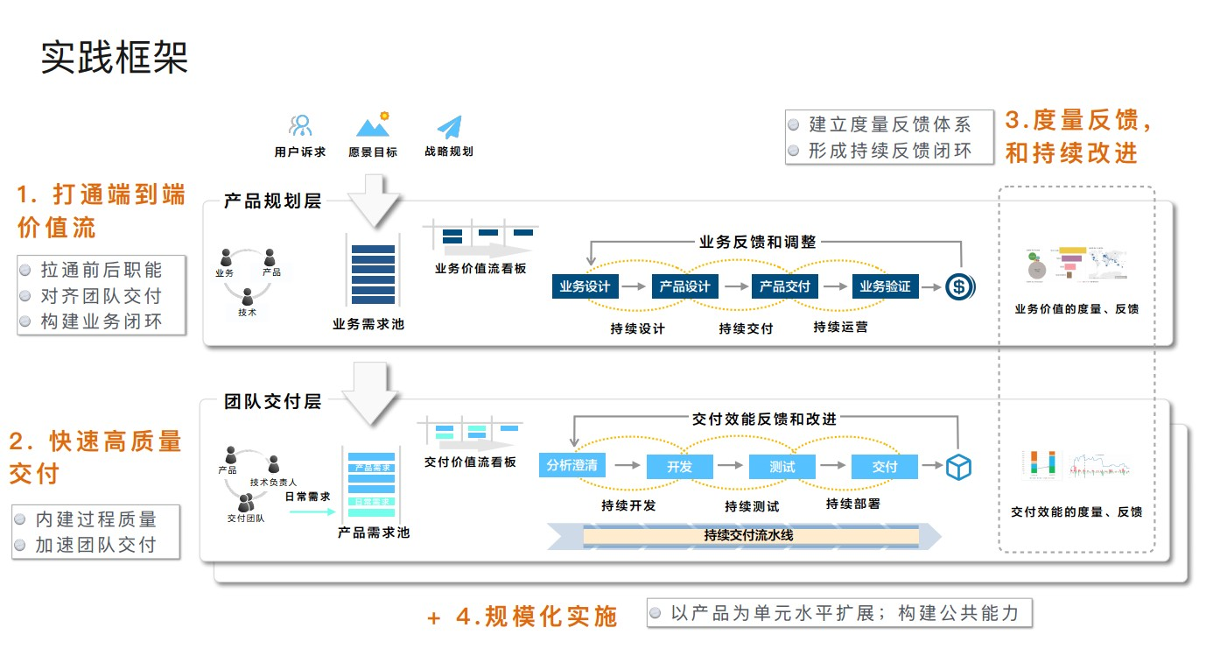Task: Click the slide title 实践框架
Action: tap(115, 58)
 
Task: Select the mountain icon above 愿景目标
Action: tap(373, 125)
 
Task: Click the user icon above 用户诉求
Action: tap(300, 126)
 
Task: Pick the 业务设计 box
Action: tap(585, 286)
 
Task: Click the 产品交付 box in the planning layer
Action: tap(784, 286)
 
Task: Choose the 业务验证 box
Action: tap(885, 286)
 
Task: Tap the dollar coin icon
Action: tap(959, 286)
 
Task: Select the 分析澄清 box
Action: tap(571, 465)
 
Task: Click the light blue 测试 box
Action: tap(782, 467)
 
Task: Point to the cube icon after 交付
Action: tap(958, 466)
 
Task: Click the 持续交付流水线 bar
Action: tap(748, 535)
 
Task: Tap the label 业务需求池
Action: tap(368, 324)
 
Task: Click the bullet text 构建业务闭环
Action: tap(102, 321)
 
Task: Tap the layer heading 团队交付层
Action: tap(273, 402)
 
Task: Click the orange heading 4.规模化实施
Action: tap(536, 617)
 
